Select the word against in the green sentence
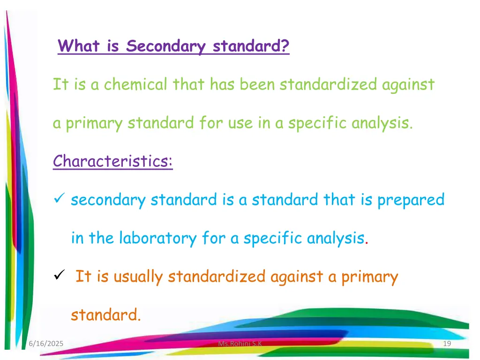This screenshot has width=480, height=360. (x=407, y=85)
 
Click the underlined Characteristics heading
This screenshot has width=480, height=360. (x=112, y=161)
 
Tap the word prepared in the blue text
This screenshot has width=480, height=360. (x=411, y=200)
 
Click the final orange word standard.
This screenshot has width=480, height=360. (x=105, y=315)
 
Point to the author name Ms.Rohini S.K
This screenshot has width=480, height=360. (x=240, y=345)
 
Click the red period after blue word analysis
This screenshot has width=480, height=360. (x=367, y=242)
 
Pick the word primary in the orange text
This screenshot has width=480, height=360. (x=369, y=277)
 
